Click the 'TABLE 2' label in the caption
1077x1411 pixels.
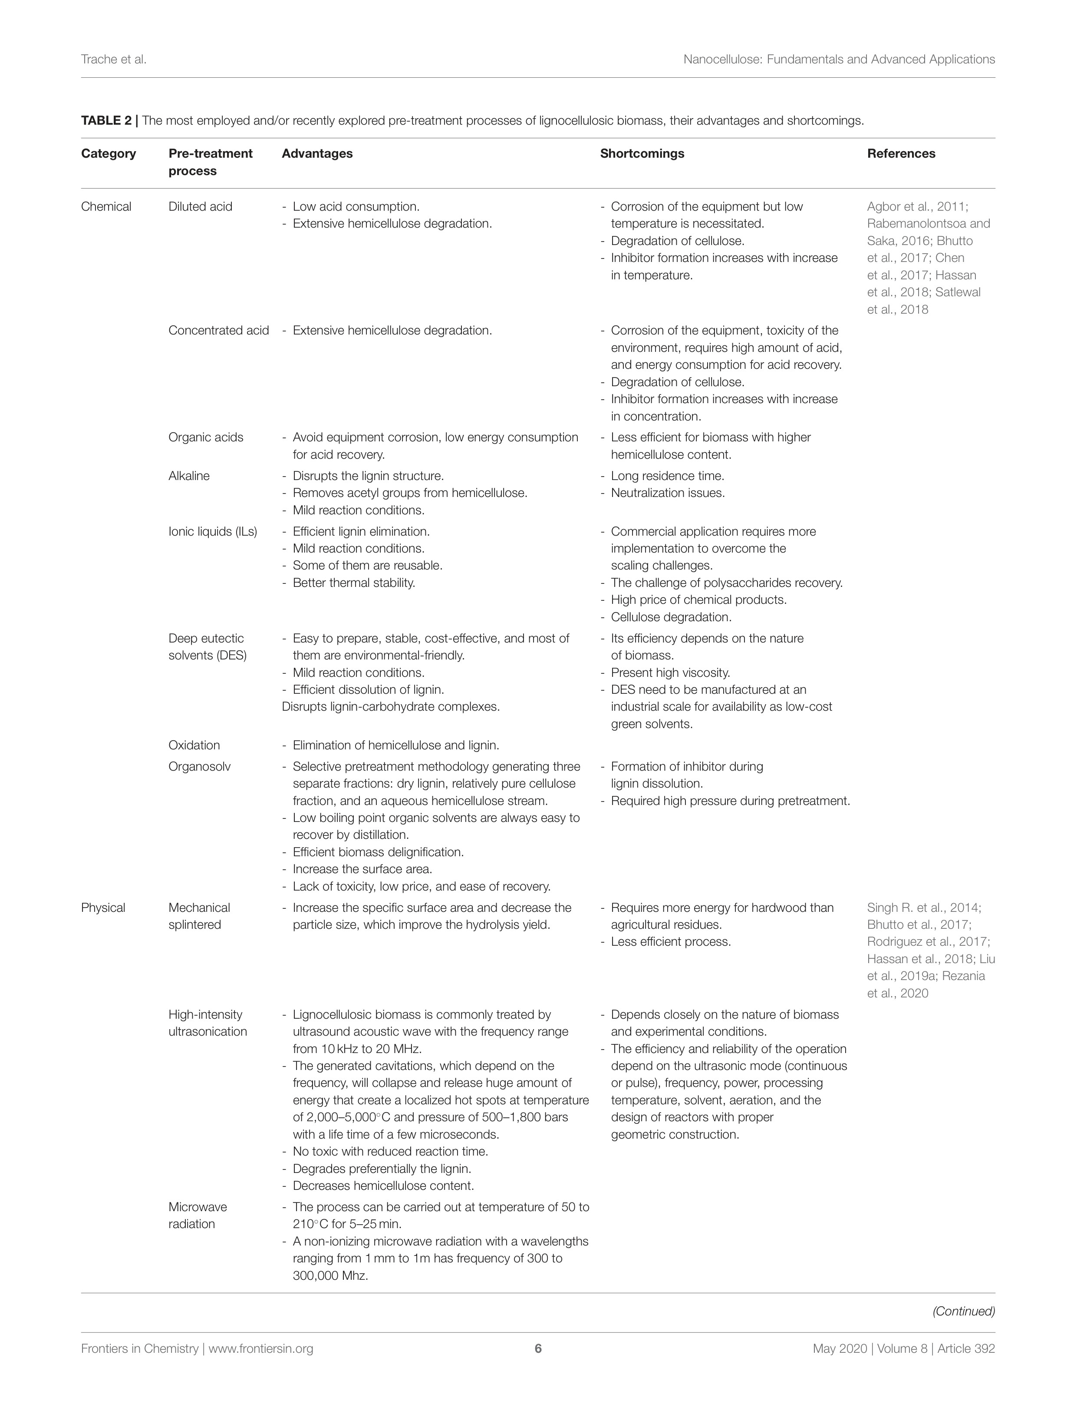106,121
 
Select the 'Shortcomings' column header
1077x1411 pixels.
642,153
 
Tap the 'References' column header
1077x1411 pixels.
901,153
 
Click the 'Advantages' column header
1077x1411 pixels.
317,153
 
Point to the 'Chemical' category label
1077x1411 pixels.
106,206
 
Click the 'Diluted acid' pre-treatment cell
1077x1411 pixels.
200,206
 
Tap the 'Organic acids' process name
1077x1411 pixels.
206,437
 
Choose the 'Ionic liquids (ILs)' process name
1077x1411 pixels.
213,532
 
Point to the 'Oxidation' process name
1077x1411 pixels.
194,745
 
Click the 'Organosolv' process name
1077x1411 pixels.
199,766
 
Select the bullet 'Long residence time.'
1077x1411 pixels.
667,476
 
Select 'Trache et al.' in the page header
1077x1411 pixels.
113,60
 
